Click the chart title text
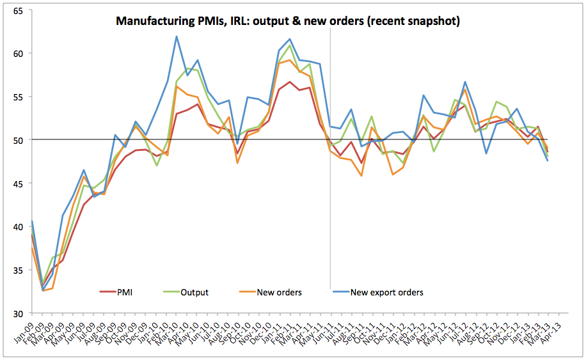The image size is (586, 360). tap(288, 21)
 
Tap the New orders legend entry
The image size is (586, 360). tap(279, 292)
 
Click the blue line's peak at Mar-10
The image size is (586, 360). tap(176, 36)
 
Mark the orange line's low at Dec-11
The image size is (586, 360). tap(393, 175)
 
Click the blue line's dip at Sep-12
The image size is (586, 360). tap(486, 153)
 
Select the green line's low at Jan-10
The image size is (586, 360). tap(156, 166)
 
